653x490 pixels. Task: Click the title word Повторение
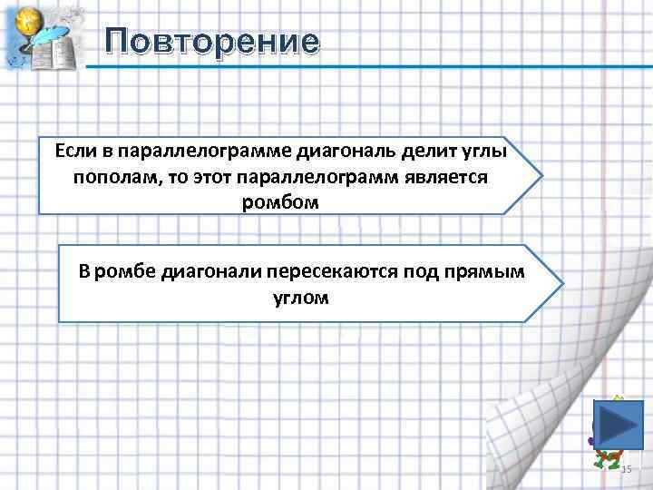(x=211, y=41)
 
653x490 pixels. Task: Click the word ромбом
(x=280, y=202)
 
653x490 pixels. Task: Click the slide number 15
(x=625, y=468)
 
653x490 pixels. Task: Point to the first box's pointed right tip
(x=542, y=174)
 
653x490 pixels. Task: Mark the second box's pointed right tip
(x=562, y=283)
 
